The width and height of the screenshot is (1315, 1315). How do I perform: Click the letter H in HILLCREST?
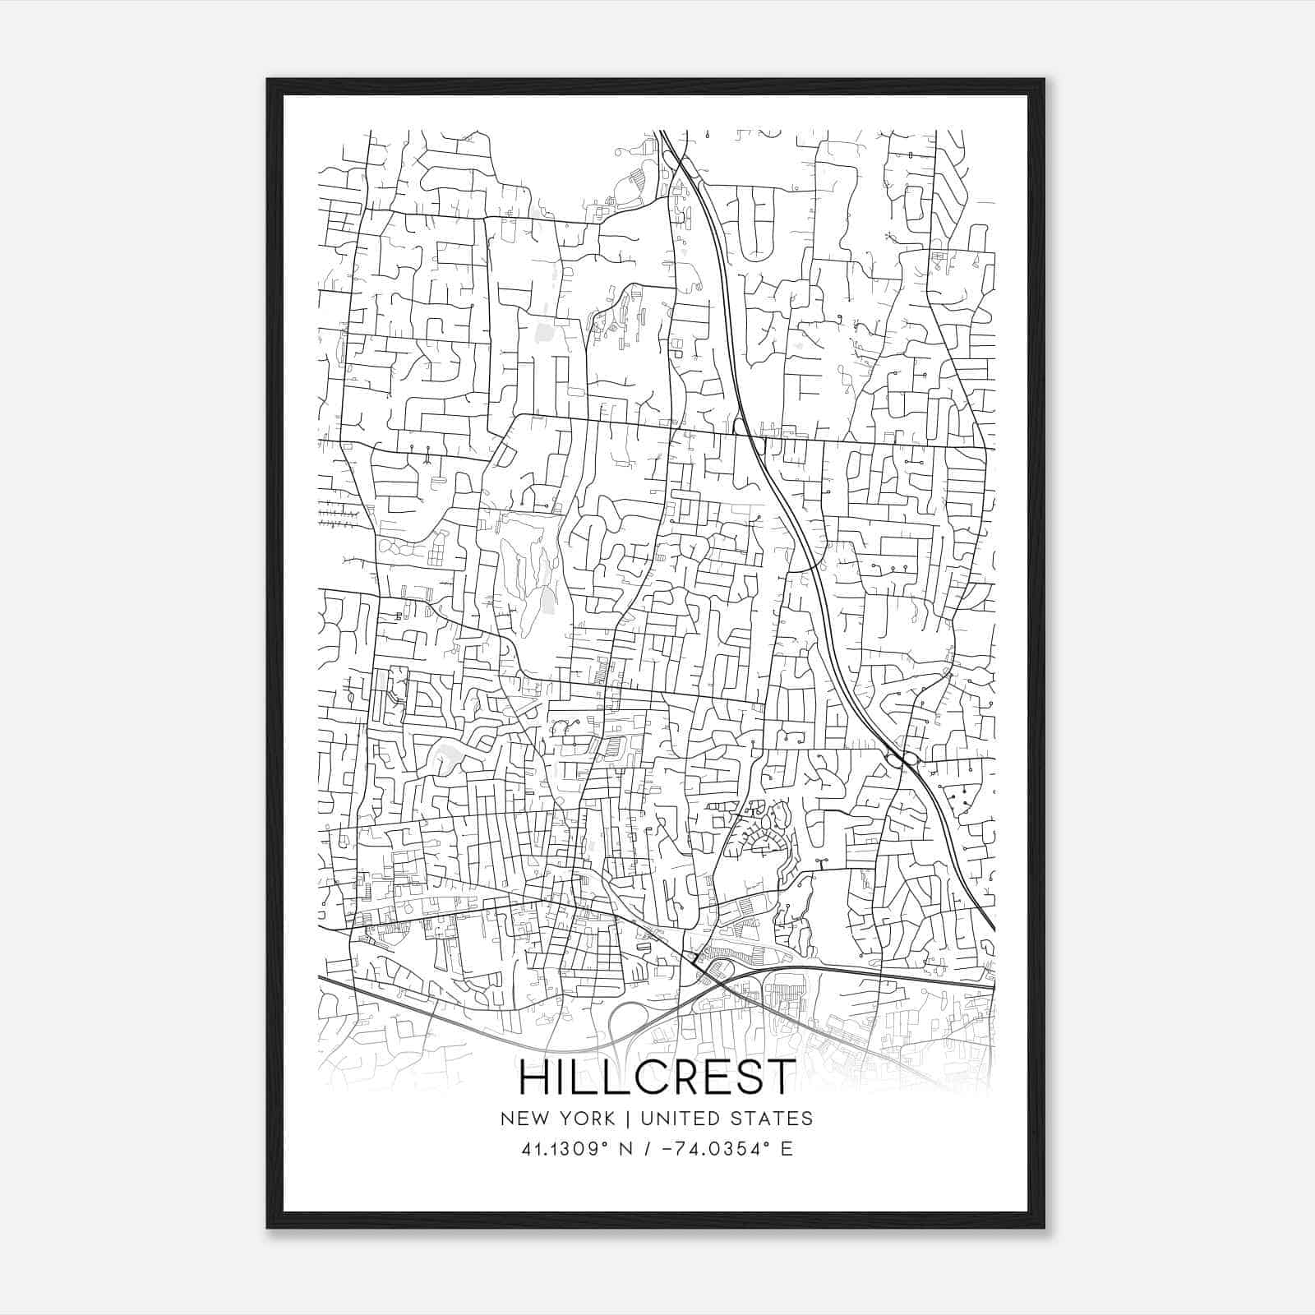(535, 1077)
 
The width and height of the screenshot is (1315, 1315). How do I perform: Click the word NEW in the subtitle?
(524, 1119)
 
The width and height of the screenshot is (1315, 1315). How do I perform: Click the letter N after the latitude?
(630, 1149)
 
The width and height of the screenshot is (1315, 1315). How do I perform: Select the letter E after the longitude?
(787, 1149)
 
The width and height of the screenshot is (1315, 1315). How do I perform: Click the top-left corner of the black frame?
(268, 81)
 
